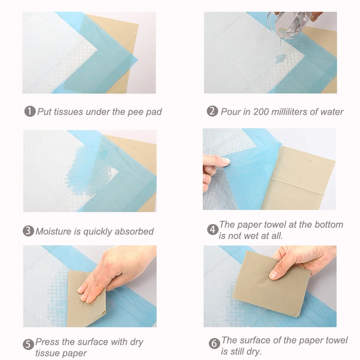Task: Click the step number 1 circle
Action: click(x=30, y=111)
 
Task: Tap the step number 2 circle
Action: click(x=212, y=111)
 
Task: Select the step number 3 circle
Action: click(x=28, y=231)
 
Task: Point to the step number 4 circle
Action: click(x=213, y=229)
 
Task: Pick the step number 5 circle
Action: click(x=28, y=344)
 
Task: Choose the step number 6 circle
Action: click(x=214, y=343)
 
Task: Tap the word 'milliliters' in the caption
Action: click(x=289, y=112)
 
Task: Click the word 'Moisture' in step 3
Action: click(x=54, y=231)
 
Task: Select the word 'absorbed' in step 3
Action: click(x=134, y=231)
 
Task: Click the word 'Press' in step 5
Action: click(x=47, y=342)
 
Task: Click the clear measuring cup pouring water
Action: click(x=290, y=25)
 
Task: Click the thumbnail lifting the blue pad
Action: click(x=226, y=161)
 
